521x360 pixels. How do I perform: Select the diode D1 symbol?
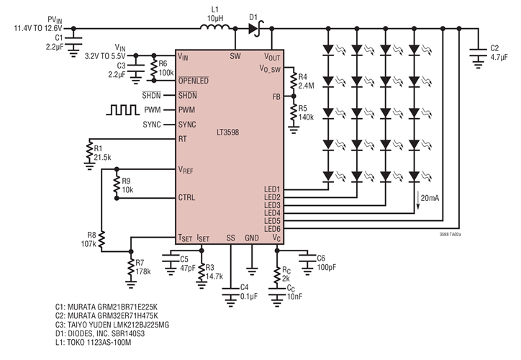click(253, 30)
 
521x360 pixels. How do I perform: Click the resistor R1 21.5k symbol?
click(88, 152)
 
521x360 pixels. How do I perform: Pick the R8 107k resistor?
click(101, 239)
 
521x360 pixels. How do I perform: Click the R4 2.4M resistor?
click(293, 81)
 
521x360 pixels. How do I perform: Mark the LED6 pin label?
click(273, 229)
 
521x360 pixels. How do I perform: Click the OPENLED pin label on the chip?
click(194, 81)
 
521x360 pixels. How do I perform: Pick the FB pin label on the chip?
click(276, 96)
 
